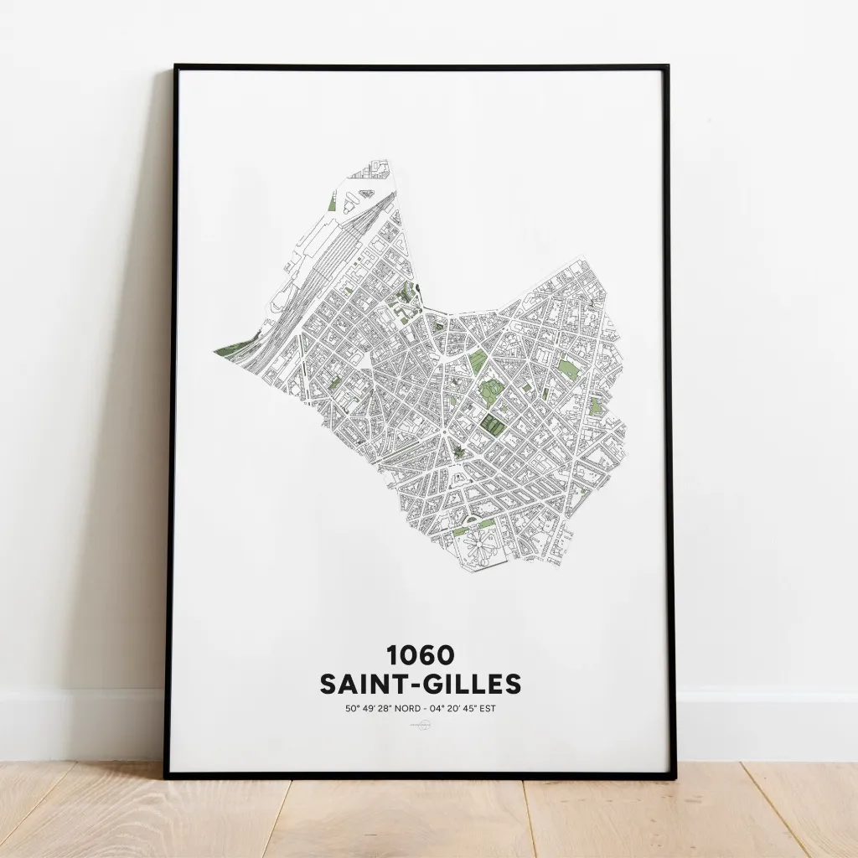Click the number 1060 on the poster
pos(420,654)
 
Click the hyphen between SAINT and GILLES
pos(416,685)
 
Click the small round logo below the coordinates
pos(420,727)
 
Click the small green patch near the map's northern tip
pos(333,204)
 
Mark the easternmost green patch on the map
pos(596,406)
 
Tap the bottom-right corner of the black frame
pos(672,776)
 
